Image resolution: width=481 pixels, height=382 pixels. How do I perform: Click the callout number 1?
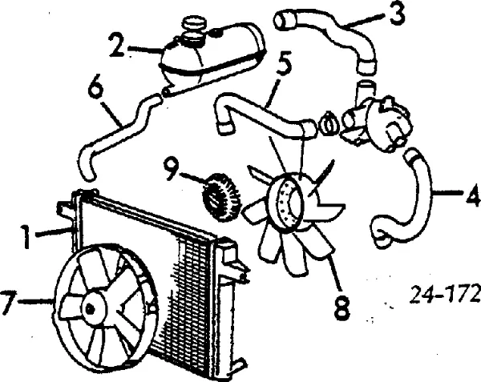click(x=26, y=236)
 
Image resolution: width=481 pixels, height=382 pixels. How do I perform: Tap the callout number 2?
click(x=117, y=46)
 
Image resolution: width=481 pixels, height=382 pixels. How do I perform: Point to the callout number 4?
click(x=473, y=194)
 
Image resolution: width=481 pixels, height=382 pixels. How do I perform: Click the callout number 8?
click(x=342, y=307)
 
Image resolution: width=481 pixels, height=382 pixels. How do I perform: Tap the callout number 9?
click(x=172, y=168)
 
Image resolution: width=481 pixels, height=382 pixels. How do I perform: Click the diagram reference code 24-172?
click(x=445, y=294)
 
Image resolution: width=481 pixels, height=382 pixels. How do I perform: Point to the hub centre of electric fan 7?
click(x=90, y=308)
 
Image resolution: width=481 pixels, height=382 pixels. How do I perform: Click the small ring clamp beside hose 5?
click(x=329, y=123)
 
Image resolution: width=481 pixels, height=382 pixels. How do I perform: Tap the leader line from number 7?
click(x=35, y=301)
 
